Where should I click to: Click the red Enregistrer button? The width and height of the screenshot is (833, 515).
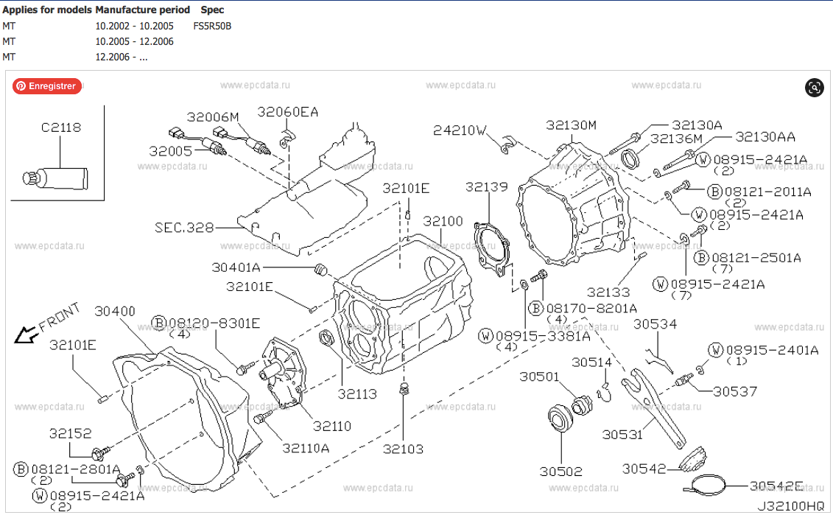point(46,86)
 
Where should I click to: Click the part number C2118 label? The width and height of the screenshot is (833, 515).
point(61,127)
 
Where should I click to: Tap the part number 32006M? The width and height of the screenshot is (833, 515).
point(213,117)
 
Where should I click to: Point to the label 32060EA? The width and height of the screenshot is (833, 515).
point(288,112)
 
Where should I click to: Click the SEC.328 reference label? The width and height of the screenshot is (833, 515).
point(184,228)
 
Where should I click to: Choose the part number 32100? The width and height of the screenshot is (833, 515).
point(443,222)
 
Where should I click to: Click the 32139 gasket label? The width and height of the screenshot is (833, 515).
point(486,188)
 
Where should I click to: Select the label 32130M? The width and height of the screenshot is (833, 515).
point(572,125)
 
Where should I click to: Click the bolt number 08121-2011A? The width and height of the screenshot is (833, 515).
point(766,192)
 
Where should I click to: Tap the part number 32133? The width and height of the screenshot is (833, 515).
point(609,292)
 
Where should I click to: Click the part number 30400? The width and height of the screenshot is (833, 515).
point(115,312)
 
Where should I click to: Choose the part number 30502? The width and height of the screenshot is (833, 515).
point(560,472)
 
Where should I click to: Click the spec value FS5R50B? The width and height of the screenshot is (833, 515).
point(212,26)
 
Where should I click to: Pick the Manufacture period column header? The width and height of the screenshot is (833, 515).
point(142,10)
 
